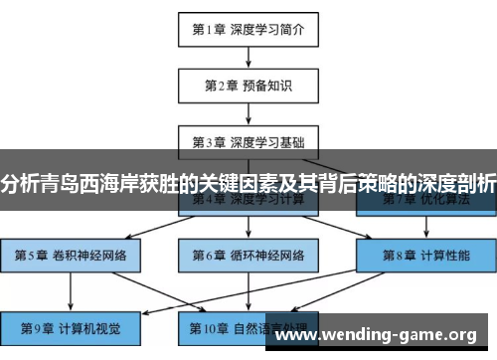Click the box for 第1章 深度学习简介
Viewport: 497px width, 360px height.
tap(248, 30)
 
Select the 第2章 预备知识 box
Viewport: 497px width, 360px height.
tap(248, 86)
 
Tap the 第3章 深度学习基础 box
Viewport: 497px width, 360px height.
tap(248, 141)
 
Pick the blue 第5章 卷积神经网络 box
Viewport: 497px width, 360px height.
tap(69, 254)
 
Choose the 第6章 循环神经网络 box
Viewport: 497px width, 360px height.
tap(248, 254)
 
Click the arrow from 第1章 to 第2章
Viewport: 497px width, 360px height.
tap(248, 58)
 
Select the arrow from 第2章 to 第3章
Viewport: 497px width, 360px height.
tap(248, 113)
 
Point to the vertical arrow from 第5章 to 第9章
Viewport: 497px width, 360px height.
tap(69, 289)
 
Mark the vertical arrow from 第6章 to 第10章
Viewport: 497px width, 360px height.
tap(248, 289)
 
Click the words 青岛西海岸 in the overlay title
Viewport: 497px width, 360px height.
tap(85, 183)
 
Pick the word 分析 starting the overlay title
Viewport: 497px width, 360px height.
tap(18, 183)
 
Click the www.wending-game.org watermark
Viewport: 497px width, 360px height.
tap(382, 335)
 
